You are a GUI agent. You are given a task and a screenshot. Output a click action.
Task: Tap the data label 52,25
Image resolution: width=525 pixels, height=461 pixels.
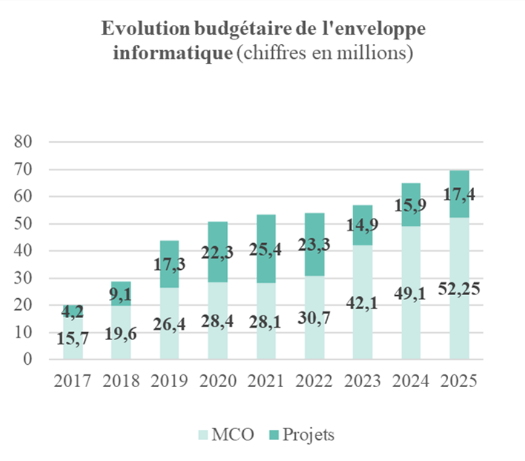tap(459, 289)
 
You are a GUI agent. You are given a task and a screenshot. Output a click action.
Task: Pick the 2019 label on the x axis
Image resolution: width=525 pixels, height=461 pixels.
tap(169, 381)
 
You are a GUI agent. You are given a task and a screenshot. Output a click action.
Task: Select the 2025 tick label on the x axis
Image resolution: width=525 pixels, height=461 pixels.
tap(459, 381)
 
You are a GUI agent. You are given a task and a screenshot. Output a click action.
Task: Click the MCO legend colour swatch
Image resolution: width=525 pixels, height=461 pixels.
tap(200, 434)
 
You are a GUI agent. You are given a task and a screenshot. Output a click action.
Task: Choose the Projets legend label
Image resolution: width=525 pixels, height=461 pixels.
tap(308, 434)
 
